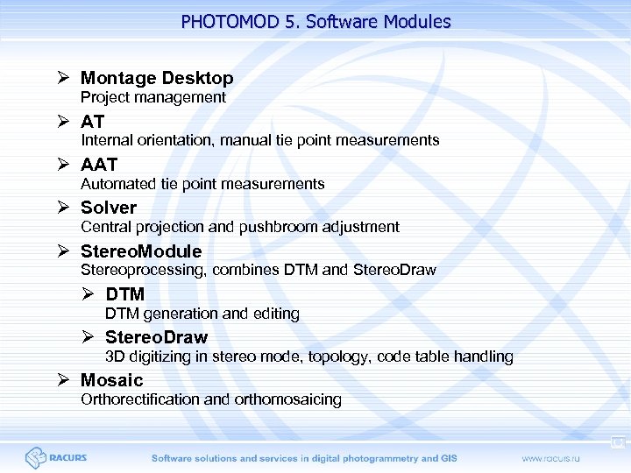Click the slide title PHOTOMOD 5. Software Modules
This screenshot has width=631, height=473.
(315, 21)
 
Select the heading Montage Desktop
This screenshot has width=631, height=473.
(157, 78)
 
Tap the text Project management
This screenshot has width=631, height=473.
(153, 97)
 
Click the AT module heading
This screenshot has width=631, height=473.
(92, 121)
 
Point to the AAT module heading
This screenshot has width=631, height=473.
(99, 164)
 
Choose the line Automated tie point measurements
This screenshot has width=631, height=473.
(202, 183)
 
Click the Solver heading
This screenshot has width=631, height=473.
(109, 208)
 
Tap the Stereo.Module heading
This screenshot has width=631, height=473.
(141, 251)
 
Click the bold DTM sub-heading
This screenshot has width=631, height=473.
(124, 294)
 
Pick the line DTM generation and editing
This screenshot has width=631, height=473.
(202, 313)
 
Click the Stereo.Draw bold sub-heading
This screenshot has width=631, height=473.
(156, 337)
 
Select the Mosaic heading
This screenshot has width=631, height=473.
(111, 380)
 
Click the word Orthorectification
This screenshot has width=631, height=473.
(140, 399)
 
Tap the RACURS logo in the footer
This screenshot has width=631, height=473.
(56, 457)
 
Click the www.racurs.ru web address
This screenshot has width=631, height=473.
(557, 458)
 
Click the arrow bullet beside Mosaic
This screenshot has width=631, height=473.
(63, 380)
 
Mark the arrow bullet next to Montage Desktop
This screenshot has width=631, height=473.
(63, 78)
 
